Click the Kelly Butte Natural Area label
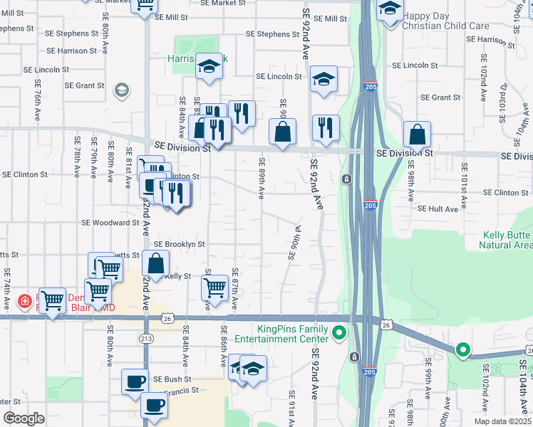(x=507, y=240)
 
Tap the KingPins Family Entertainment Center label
(x=282, y=334)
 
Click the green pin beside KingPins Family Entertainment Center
(x=339, y=332)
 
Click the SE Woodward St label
(x=110, y=223)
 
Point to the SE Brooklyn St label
(x=179, y=244)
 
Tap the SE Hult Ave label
(x=438, y=209)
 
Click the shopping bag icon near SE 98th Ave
(x=417, y=133)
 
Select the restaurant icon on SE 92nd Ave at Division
(x=326, y=127)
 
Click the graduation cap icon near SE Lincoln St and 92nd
(x=324, y=80)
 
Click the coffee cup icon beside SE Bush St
(x=135, y=381)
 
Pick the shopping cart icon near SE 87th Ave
(x=214, y=287)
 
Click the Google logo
(x=24, y=418)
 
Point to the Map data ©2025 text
(x=502, y=421)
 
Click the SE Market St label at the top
(x=222, y=3)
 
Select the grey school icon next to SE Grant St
(x=121, y=90)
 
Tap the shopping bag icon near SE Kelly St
(x=155, y=263)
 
